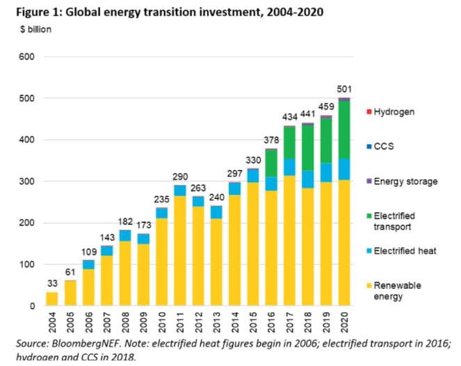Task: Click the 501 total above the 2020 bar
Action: point(344,88)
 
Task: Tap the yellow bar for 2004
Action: point(52,299)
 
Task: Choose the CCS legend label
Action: point(385,147)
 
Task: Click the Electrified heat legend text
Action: point(405,250)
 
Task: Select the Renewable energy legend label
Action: point(397,291)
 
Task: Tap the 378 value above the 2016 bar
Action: point(270,141)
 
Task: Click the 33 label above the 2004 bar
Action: point(52,284)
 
